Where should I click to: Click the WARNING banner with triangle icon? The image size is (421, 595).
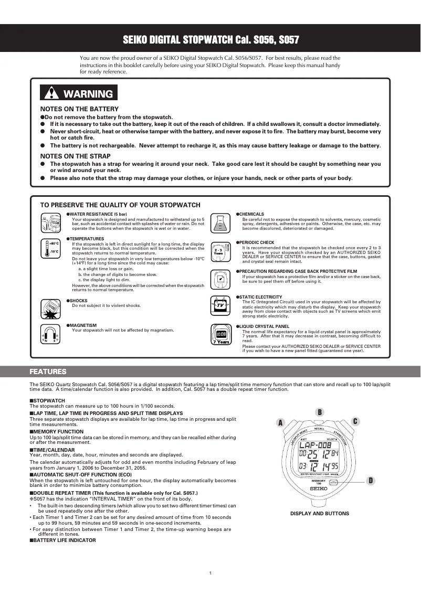pyautogui.click(x=79, y=93)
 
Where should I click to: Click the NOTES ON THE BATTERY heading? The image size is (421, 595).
pyautogui.click(x=79, y=109)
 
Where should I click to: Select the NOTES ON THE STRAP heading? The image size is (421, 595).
pyautogui.click(x=75, y=156)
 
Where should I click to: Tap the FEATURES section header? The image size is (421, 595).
pyautogui.click(x=48, y=371)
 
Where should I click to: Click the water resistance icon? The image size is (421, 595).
pyautogui.click(x=51, y=223)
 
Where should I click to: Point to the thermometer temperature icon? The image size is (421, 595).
pyautogui.click(x=51, y=248)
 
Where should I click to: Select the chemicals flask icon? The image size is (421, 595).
pyautogui.click(x=221, y=223)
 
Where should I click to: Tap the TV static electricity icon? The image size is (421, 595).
pyautogui.click(x=221, y=305)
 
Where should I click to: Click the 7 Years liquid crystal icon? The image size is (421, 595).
pyautogui.click(x=221, y=334)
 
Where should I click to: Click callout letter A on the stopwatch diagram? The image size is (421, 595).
pyautogui.click(x=281, y=422)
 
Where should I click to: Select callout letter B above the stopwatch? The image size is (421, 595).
pyautogui.click(x=319, y=411)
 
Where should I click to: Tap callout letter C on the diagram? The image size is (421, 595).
pyautogui.click(x=355, y=421)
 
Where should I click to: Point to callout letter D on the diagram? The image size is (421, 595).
pyautogui.click(x=370, y=480)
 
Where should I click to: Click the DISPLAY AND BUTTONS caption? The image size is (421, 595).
pyautogui.click(x=319, y=513)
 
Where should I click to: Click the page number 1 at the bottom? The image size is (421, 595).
pyautogui.click(x=210, y=572)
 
